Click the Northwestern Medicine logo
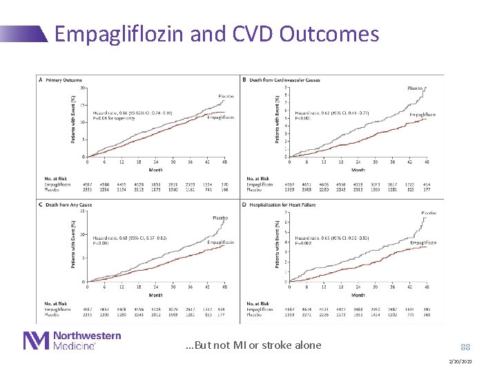click(72, 341)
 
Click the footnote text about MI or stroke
click(253, 345)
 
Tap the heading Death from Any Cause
click(68, 204)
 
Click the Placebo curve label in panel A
click(226, 96)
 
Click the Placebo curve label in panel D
click(429, 213)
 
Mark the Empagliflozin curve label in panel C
click(220, 242)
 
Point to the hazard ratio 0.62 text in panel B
click(332, 113)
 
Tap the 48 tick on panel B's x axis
click(427, 162)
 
